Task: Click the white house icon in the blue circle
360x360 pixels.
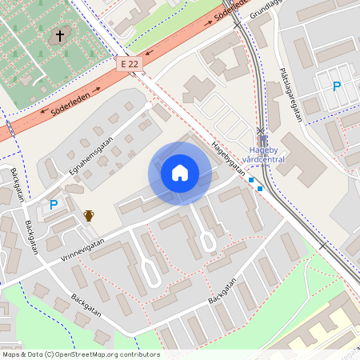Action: click(x=180, y=173)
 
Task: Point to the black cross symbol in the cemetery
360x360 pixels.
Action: click(x=58, y=36)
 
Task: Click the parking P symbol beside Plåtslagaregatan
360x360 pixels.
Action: click(x=337, y=86)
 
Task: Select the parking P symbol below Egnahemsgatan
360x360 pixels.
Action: click(x=54, y=205)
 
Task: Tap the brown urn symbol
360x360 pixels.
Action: click(x=89, y=216)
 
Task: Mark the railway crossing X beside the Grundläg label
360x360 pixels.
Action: click(x=237, y=24)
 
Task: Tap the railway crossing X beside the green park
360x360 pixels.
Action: click(x=322, y=246)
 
